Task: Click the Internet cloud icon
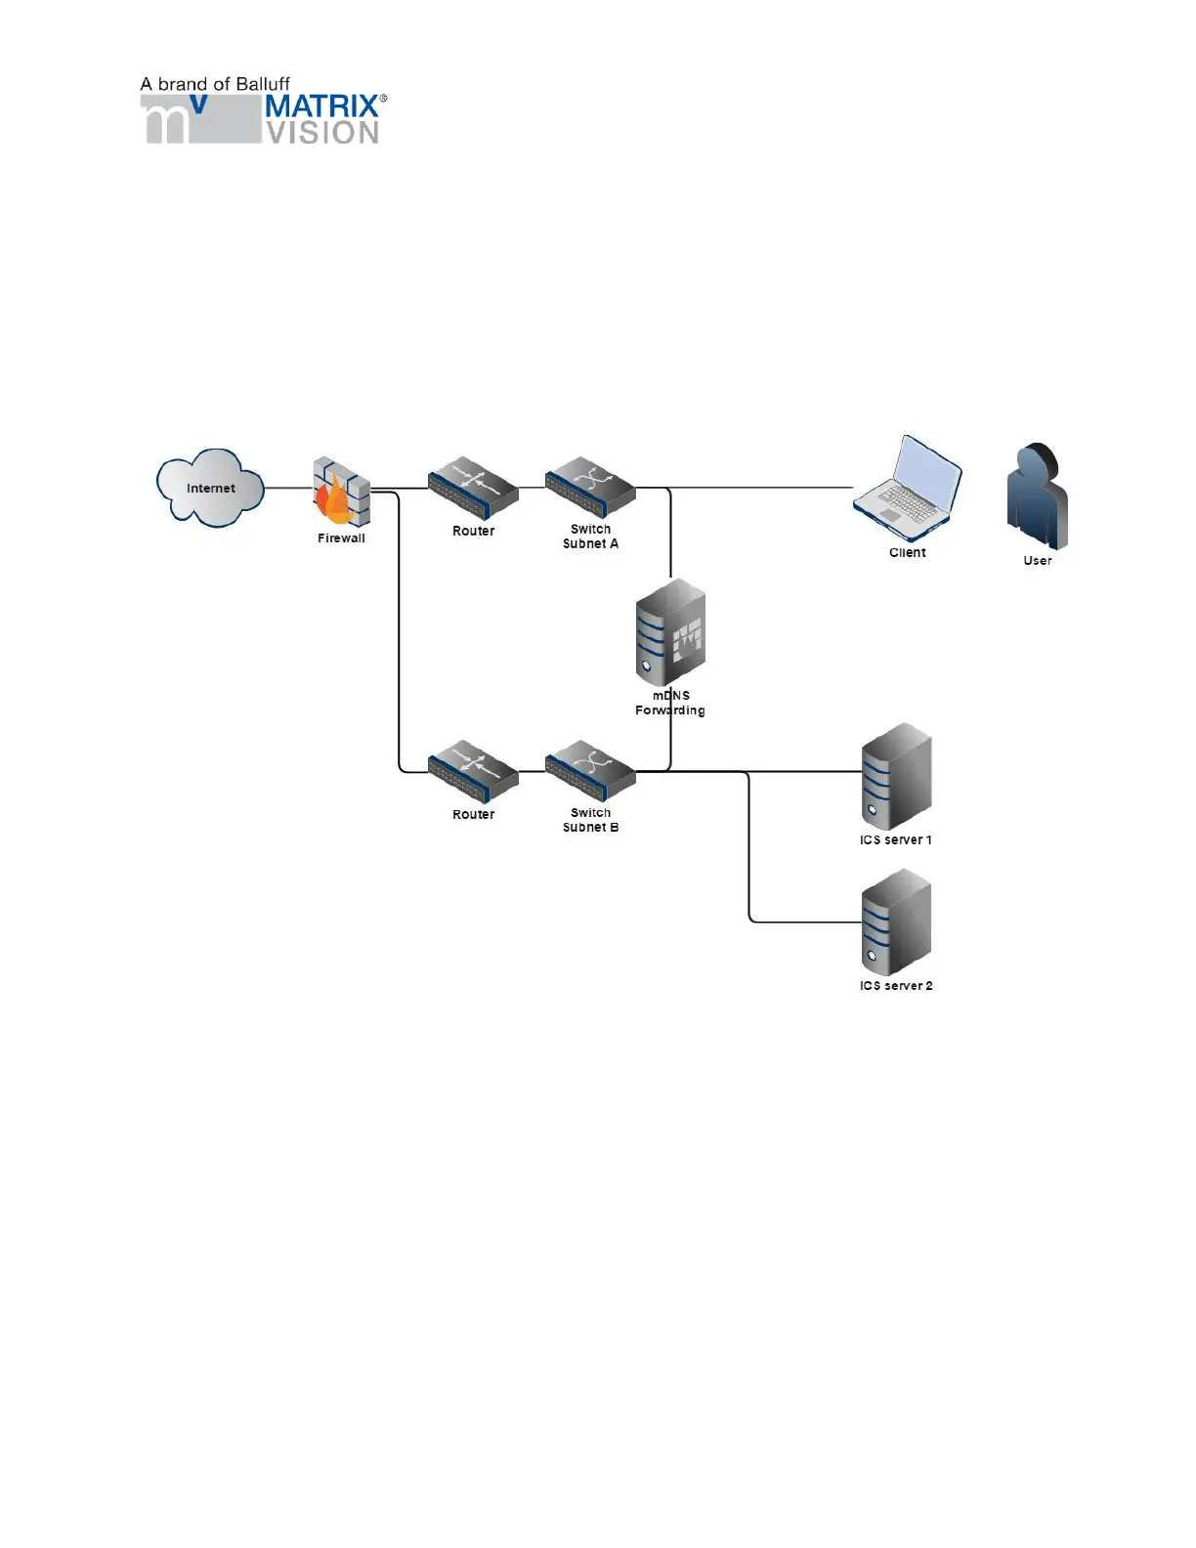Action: point(210,488)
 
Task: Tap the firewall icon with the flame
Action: point(341,494)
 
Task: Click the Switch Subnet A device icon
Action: point(590,487)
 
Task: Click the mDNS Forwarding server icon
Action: point(670,633)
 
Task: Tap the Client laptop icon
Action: point(907,489)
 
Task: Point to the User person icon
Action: point(1037,497)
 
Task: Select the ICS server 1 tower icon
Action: point(896,777)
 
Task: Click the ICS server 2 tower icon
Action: point(896,924)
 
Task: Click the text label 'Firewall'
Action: point(341,538)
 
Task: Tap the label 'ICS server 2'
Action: point(896,986)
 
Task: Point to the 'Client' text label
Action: point(907,553)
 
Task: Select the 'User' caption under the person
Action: point(1037,561)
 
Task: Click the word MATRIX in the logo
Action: point(321,106)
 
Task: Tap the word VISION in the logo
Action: point(323,133)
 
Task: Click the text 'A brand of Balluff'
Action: point(215,84)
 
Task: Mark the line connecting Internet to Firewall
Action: point(288,488)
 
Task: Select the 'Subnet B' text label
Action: point(590,828)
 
